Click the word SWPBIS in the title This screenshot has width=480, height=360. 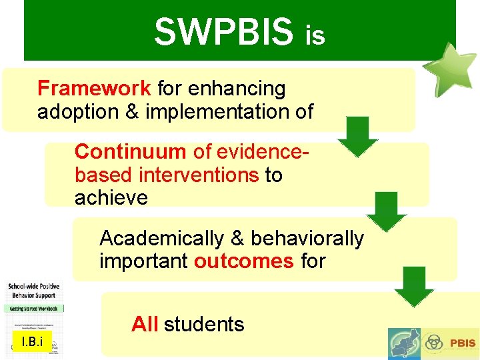click(223, 32)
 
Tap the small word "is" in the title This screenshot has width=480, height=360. click(315, 37)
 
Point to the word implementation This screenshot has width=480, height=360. click(219, 112)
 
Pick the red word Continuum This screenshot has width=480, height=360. click(130, 151)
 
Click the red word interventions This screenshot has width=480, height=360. click(199, 175)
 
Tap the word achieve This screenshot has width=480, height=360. click(111, 198)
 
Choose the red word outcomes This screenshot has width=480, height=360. click(243, 261)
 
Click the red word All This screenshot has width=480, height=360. click(145, 325)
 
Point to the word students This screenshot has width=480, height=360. click(204, 325)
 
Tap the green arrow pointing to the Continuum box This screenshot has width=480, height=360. click(358, 137)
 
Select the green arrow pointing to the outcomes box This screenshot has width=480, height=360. click(386, 211)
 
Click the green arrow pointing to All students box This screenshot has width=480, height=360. click(414, 287)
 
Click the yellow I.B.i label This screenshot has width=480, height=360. click(32, 343)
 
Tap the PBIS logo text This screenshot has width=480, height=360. click(462, 343)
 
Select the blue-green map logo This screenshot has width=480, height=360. click(405, 343)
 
